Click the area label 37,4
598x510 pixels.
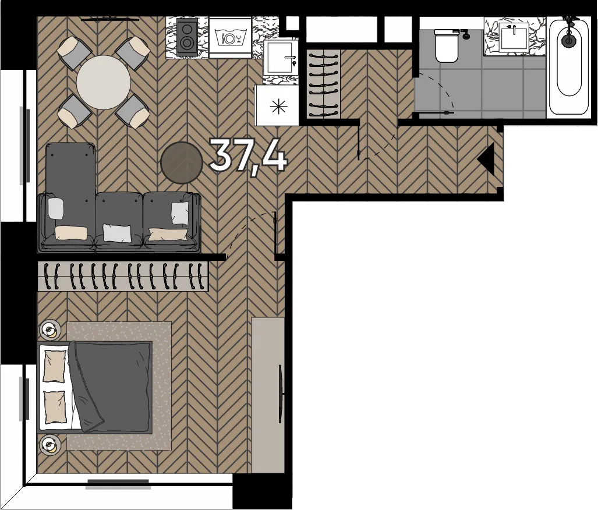(x=248, y=155)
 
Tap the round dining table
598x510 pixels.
(x=103, y=83)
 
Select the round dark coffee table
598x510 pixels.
(x=182, y=163)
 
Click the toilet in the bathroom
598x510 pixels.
(x=446, y=46)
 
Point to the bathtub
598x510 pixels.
(x=569, y=67)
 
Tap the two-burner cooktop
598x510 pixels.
(x=187, y=37)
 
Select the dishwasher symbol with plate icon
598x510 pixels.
(x=229, y=38)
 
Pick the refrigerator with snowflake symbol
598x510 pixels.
(x=277, y=105)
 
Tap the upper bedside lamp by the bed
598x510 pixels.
(x=49, y=329)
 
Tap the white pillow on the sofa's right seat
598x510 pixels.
(x=179, y=213)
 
